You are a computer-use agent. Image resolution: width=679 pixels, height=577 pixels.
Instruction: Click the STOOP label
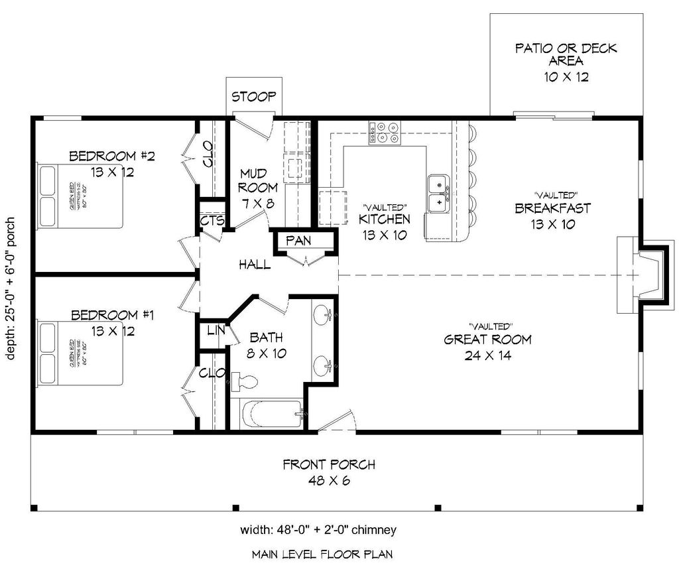tap(253, 97)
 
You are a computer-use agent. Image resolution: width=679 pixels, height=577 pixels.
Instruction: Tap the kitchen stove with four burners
tap(385, 132)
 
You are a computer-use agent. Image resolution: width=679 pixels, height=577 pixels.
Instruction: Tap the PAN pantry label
tap(298, 241)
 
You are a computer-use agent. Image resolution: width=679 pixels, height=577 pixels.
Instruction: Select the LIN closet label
tap(215, 330)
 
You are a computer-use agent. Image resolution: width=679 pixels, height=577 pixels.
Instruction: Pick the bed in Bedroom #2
tap(80, 196)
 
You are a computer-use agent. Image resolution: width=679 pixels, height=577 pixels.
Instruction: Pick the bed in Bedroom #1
tap(80, 353)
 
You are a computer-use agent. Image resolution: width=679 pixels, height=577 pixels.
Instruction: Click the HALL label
tap(255, 265)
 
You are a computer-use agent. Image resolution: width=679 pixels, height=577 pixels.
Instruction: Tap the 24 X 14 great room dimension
tap(487, 355)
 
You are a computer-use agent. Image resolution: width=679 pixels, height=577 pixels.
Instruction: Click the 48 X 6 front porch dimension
tap(329, 480)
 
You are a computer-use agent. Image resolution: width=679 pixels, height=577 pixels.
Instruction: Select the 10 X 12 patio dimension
tap(566, 76)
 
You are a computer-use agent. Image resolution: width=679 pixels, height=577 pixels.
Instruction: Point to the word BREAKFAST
tap(552, 208)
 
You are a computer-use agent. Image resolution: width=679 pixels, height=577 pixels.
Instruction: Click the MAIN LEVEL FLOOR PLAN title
tap(322, 554)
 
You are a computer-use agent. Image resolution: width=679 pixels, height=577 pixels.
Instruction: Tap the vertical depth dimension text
tap(11, 288)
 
